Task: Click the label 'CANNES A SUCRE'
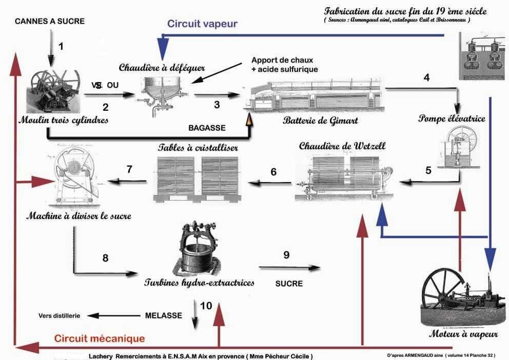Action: [x=49, y=21]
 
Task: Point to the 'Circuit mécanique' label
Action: [x=100, y=338]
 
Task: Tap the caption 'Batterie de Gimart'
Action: [x=320, y=121]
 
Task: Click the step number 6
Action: [x=273, y=172]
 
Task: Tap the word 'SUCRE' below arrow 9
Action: [x=289, y=283]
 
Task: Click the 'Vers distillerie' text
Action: [x=59, y=316]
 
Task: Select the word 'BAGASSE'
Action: [x=207, y=127]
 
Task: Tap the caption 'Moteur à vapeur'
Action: [x=463, y=334]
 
